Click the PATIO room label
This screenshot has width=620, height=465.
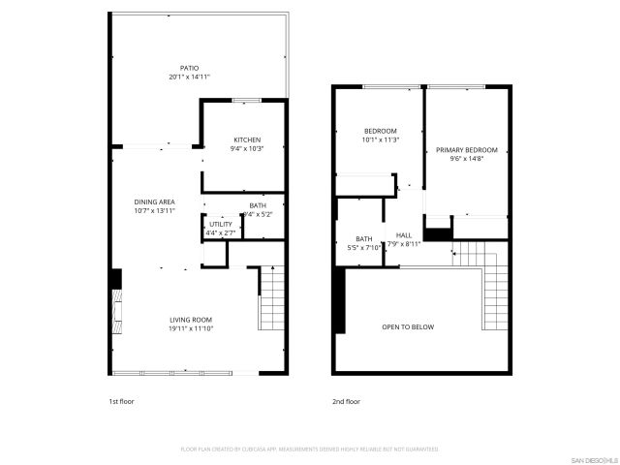pos(190,68)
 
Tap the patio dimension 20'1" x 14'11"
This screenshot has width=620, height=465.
pos(190,77)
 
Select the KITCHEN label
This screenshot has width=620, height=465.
pos(246,139)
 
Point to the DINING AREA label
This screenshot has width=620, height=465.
pos(154,201)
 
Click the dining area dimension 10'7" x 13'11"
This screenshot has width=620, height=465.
pos(154,210)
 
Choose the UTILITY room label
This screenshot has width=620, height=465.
pos(220,224)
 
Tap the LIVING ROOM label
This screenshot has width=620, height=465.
pos(191,320)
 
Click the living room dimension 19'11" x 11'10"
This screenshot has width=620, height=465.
pos(191,328)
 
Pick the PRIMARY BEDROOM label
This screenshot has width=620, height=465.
pos(466,150)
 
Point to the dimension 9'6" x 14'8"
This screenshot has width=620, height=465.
pos(466,159)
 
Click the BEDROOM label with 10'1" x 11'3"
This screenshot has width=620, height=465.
pos(381,131)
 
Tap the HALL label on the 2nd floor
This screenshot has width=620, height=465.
pos(405,235)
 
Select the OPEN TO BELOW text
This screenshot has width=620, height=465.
pos(408,327)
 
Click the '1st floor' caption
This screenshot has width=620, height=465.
pos(122,400)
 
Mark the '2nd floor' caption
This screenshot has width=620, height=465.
pos(346,400)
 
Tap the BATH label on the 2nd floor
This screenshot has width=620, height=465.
pos(364,238)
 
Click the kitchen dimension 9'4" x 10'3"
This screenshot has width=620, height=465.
pos(246,148)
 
